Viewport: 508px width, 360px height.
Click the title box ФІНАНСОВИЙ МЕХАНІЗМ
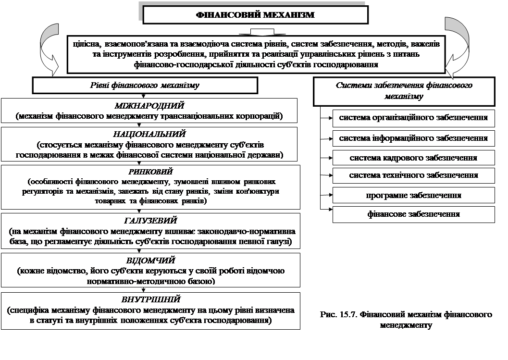[x=255, y=15]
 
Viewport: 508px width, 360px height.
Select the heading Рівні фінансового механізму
[x=145, y=85]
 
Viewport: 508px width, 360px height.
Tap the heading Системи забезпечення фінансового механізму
[x=404, y=91]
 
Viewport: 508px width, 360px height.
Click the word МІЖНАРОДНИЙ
[x=149, y=106]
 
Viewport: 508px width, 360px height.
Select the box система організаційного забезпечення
[x=413, y=118]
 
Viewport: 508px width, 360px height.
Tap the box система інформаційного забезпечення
[x=413, y=138]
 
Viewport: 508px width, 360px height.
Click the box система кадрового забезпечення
[x=413, y=158]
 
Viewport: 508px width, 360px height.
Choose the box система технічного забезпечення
[x=413, y=175]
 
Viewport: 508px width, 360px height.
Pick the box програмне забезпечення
[x=413, y=195]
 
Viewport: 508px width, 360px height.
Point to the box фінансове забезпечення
[x=413, y=214]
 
